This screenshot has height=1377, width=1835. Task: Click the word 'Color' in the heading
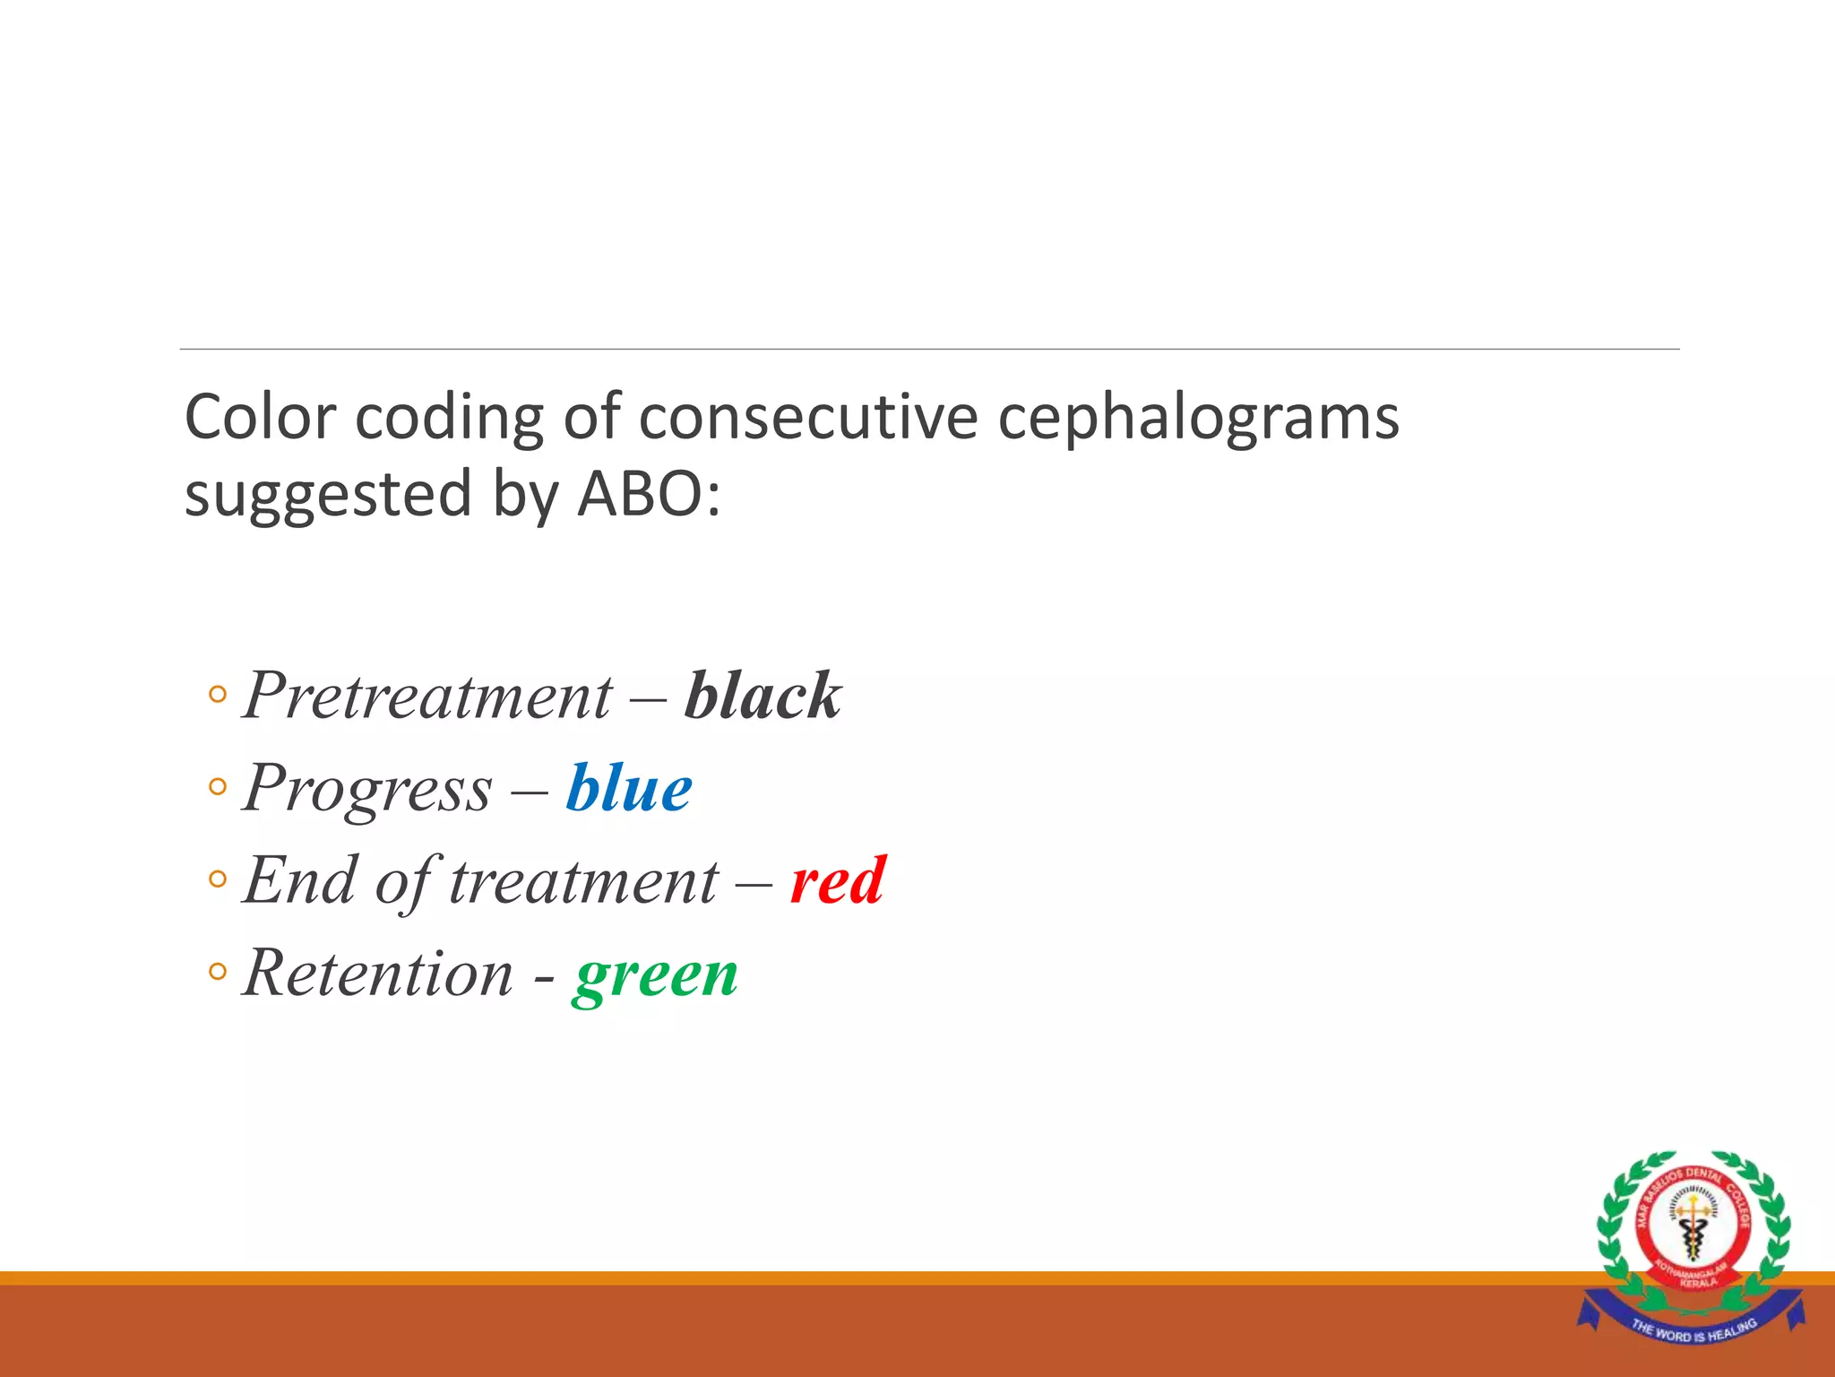click(x=260, y=418)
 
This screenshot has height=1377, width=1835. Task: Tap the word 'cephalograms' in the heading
click(x=1198, y=418)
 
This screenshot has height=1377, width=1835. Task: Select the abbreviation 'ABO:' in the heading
click(x=649, y=494)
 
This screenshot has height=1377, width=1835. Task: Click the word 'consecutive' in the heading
click(x=807, y=418)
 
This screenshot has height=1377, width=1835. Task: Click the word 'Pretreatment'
click(x=427, y=696)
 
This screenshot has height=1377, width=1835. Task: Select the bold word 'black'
click(x=762, y=696)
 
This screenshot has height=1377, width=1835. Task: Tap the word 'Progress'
click(x=367, y=789)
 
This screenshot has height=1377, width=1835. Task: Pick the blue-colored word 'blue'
click(x=629, y=789)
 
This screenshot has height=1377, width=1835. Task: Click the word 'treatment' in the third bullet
click(x=583, y=881)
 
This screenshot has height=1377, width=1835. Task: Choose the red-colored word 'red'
click(x=838, y=881)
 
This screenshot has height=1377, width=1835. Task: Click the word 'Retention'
click(x=378, y=974)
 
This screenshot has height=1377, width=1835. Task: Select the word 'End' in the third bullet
click(x=300, y=881)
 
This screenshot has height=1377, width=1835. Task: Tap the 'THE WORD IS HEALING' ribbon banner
click(x=1693, y=1330)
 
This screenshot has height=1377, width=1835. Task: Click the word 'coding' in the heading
click(x=449, y=418)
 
